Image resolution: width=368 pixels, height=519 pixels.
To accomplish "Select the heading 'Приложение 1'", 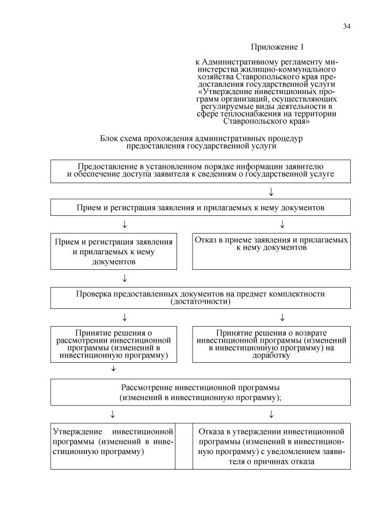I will pos(277,46).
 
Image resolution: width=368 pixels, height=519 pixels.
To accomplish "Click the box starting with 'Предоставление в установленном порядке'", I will pos(200,171).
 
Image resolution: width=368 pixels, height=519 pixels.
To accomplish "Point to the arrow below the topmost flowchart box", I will pos(271,191).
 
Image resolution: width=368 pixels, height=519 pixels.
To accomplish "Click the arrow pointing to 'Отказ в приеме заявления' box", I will pos(282,223).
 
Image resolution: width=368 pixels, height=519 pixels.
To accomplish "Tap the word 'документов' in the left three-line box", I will pos(114,262).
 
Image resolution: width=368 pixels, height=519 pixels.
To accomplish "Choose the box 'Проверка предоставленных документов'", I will pos(200,297).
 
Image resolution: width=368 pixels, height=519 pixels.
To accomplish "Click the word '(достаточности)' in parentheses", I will pos(201,301).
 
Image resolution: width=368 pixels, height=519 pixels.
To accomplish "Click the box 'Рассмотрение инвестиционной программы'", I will pos(200,392).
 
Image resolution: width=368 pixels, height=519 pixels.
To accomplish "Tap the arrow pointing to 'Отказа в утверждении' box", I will pos(271,414).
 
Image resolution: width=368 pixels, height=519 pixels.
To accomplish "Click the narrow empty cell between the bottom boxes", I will pos(184,447).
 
